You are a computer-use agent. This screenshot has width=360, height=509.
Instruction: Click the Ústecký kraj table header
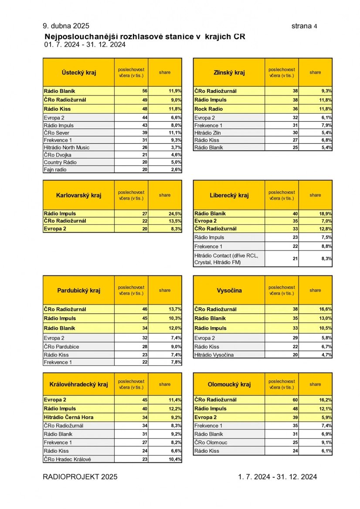(x=78, y=72)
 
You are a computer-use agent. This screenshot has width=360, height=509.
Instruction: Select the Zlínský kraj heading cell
(x=229, y=72)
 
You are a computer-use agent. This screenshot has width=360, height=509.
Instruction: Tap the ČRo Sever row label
(x=57, y=132)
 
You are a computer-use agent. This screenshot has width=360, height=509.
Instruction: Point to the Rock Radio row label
(x=208, y=109)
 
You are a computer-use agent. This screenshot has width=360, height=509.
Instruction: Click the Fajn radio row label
(x=55, y=170)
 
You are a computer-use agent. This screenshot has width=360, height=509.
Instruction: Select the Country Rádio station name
(x=60, y=162)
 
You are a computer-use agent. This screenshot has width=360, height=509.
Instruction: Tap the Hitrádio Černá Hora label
(x=68, y=417)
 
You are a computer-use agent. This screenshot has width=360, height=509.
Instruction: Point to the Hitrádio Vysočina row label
(x=214, y=355)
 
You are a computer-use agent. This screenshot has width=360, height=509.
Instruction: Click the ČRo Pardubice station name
(x=61, y=346)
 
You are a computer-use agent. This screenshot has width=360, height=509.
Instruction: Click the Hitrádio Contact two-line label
(x=226, y=259)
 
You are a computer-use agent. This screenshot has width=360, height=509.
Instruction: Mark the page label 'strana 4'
(x=304, y=26)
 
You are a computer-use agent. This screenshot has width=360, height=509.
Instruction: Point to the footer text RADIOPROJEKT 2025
(x=80, y=477)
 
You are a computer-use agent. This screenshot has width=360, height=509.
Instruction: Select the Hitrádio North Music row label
(x=67, y=147)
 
